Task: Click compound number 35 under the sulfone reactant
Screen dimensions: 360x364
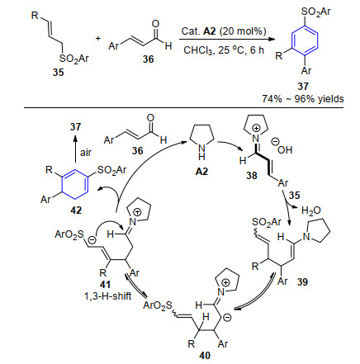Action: point(59,73)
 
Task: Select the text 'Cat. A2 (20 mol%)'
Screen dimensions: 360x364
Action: point(224,31)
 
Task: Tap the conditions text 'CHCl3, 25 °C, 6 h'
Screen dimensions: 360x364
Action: point(224,50)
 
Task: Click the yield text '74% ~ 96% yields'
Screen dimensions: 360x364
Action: point(303,99)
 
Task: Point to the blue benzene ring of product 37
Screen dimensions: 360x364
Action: point(305,40)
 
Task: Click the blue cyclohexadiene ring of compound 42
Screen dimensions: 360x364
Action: point(75,183)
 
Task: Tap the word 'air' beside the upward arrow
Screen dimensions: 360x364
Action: point(85,153)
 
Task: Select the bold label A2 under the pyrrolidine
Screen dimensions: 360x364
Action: point(201,172)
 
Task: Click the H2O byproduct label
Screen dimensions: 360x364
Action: point(311,210)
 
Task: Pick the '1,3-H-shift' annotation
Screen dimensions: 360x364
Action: point(108,295)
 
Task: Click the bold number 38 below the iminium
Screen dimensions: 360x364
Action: point(252,175)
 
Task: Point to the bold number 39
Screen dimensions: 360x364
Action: point(302,282)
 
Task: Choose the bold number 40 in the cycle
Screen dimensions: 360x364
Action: point(205,356)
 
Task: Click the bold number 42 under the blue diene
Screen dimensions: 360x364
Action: point(76,210)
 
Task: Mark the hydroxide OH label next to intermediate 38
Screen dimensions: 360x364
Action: point(283,149)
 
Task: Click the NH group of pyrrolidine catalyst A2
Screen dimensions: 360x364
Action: point(201,152)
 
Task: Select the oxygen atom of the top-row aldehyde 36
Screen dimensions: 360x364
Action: point(155,24)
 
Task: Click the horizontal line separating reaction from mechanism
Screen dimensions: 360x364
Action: point(184,108)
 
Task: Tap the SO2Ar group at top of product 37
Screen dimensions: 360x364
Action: point(316,12)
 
